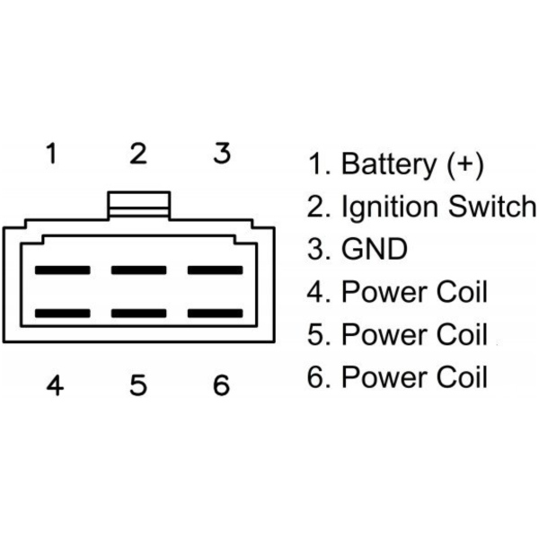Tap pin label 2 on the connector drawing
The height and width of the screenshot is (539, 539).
137,154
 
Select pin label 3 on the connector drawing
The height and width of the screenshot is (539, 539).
222,154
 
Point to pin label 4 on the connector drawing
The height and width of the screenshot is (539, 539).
55,385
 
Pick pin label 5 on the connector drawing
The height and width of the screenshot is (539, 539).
137,385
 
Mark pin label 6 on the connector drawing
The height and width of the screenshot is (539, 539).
221,385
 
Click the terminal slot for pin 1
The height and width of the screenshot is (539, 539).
62,269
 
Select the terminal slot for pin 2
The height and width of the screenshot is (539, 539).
138,269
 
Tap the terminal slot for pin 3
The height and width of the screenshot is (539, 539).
215,269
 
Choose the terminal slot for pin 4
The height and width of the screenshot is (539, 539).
62,314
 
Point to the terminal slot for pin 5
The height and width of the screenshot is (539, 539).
138,314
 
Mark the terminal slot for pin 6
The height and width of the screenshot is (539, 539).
215,314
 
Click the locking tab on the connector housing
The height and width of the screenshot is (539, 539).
138,203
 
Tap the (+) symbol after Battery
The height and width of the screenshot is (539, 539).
464,164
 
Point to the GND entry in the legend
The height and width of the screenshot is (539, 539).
375,249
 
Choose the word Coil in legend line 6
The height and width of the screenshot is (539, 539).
458,376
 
